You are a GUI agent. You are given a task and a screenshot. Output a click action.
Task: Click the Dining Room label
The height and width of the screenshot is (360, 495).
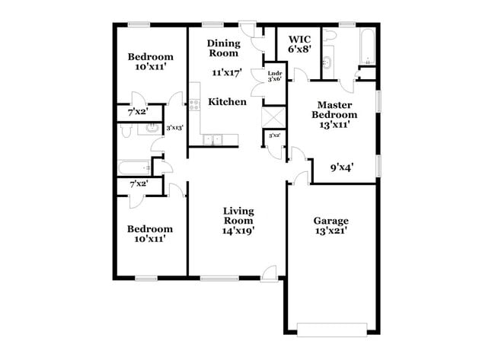224,49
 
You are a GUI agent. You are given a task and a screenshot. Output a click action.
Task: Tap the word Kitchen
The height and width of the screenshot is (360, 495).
228,101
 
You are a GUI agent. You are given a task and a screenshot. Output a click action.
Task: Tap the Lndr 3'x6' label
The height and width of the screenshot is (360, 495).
274,76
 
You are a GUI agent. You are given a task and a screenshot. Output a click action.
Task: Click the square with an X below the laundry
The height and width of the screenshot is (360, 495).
273,118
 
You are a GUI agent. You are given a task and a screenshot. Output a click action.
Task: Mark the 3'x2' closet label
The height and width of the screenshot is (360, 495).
273,135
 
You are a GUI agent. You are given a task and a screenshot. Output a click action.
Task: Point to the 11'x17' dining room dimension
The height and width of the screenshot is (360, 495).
226,73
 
